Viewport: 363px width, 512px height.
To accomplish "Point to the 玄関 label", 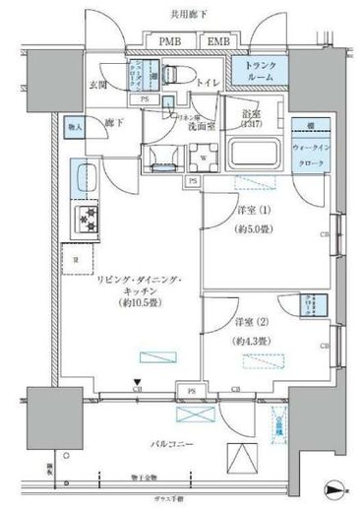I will (x=100, y=86).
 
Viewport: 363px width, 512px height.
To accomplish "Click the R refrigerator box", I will (x=75, y=259).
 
